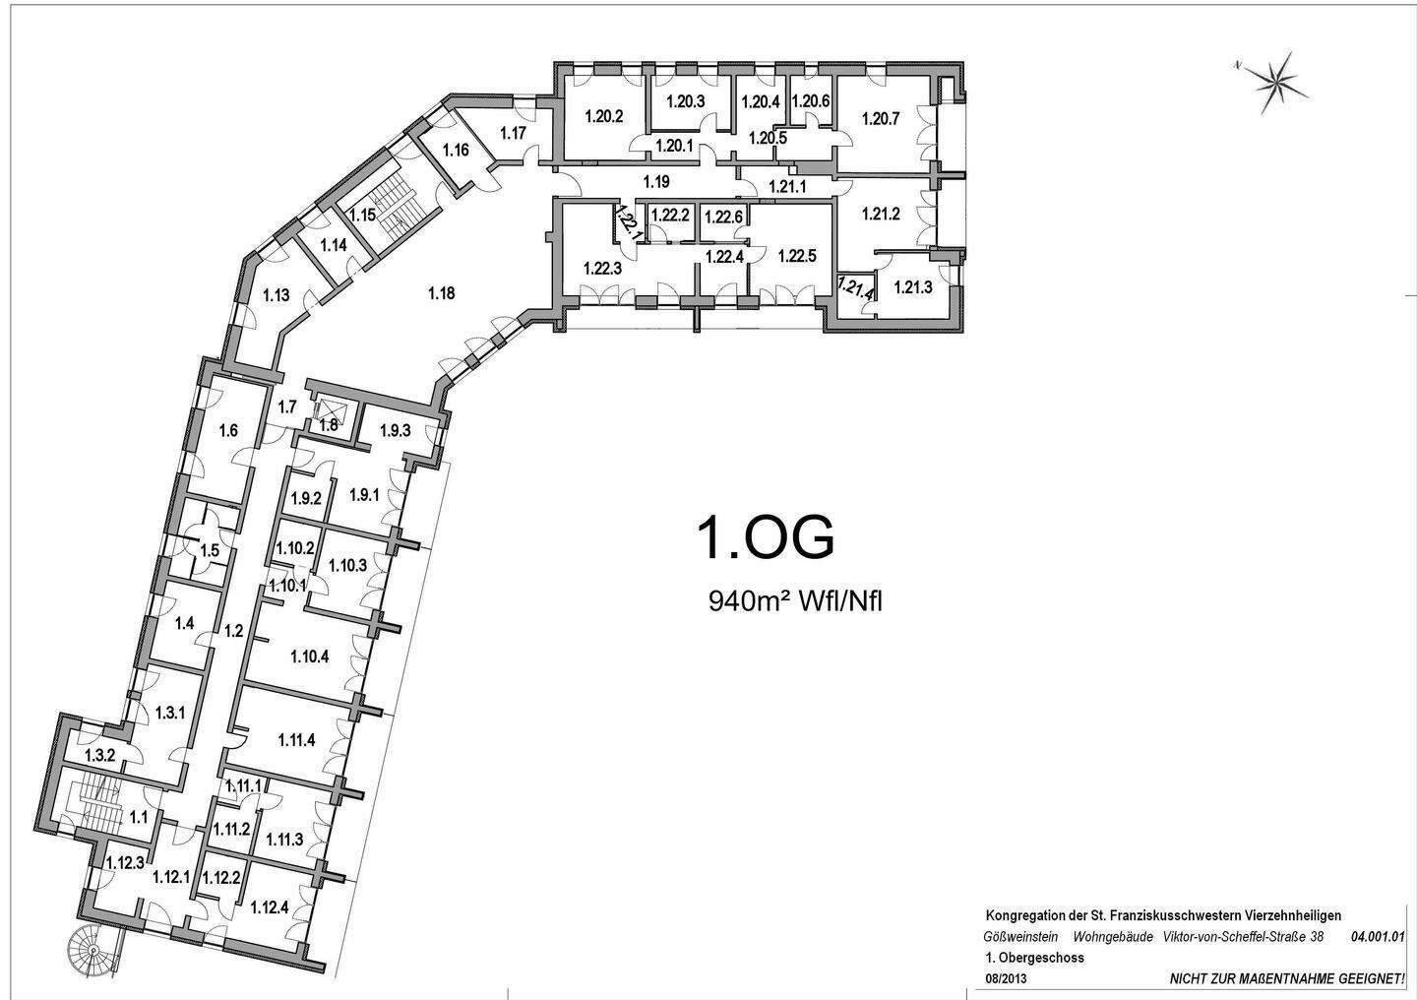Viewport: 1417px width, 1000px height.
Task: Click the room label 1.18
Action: coord(441,293)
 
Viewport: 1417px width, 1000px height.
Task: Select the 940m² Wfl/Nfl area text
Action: coord(794,601)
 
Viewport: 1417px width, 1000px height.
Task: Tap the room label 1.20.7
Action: coord(881,118)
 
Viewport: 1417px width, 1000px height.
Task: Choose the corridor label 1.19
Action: coord(656,182)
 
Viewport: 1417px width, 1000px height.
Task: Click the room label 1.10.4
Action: coord(310,656)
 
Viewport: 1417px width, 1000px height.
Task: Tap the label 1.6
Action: coord(228,431)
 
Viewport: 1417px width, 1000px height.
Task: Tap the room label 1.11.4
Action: coord(296,739)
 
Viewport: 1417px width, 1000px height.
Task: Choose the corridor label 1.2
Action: coord(234,631)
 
